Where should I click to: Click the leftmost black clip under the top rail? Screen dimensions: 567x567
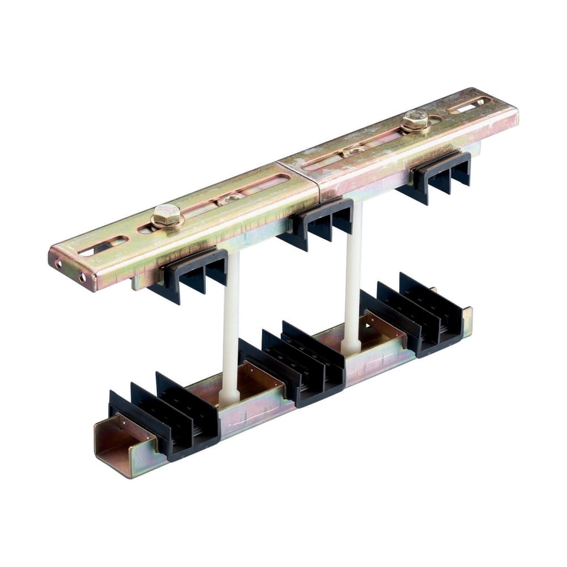click(188, 272)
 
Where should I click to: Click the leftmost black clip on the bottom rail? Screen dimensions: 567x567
click(164, 414)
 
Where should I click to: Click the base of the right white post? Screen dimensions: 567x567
click(350, 345)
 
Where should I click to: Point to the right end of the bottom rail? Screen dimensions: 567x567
click(467, 320)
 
